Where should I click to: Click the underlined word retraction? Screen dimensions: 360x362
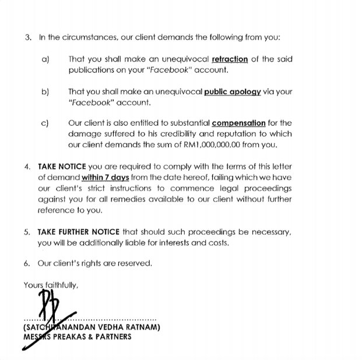click(x=230, y=59)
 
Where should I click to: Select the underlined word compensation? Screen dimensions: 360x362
click(x=238, y=123)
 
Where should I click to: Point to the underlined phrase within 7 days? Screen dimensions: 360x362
click(x=105, y=177)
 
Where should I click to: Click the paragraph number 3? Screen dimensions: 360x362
click(x=28, y=37)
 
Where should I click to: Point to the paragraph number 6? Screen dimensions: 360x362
click(x=27, y=263)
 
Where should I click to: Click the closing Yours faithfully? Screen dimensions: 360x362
click(x=51, y=285)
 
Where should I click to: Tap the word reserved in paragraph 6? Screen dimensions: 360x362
click(x=135, y=263)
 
